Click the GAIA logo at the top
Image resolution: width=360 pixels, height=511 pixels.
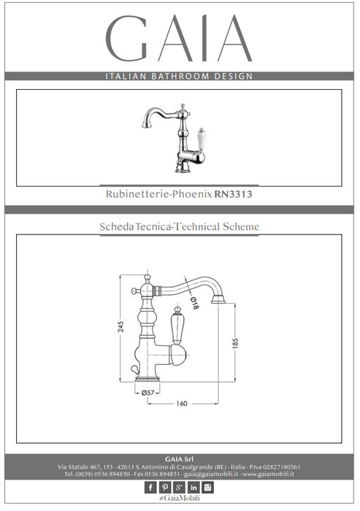pyautogui.click(x=179, y=38)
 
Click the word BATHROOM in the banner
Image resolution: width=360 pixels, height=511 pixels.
pyautogui.click(x=180, y=76)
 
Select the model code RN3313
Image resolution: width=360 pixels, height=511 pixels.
pyautogui.click(x=233, y=194)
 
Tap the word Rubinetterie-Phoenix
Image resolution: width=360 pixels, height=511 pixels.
pyautogui.click(x=159, y=194)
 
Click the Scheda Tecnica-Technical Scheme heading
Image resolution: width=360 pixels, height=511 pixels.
pyautogui.click(x=180, y=226)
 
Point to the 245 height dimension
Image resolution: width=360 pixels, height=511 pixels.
pyautogui.click(x=120, y=326)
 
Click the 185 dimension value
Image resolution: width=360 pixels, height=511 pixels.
pyautogui.click(x=235, y=343)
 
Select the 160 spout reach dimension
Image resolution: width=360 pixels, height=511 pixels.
pyautogui.click(x=182, y=404)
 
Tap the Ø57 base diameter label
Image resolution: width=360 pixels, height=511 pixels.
pyautogui.click(x=148, y=393)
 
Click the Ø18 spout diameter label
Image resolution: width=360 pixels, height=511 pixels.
pyautogui.click(x=194, y=304)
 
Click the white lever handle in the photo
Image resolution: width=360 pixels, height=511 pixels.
pyautogui.click(x=202, y=139)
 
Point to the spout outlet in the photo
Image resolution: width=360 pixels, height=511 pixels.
pyautogui.click(x=147, y=125)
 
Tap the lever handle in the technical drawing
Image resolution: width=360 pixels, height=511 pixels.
pyautogui.click(x=177, y=326)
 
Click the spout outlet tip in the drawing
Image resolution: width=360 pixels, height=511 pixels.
pyautogui.click(x=218, y=300)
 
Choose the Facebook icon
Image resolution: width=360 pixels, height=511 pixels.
pyautogui.click(x=150, y=487)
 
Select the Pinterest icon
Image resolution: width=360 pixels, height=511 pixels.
pyautogui.click(x=165, y=487)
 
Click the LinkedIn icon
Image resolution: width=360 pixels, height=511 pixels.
pyautogui.click(x=194, y=487)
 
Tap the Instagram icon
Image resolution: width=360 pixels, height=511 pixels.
pyautogui.click(x=207, y=487)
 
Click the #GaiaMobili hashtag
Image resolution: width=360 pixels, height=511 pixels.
pyautogui.click(x=180, y=499)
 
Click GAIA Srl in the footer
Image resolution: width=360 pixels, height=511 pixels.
pyautogui.click(x=179, y=459)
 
